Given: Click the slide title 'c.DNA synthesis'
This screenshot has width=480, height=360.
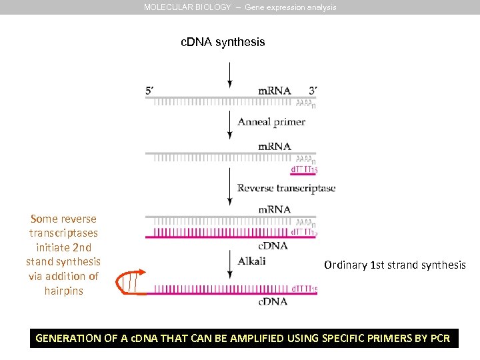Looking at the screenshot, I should click(223, 42).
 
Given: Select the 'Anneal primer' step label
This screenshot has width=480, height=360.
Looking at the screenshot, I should click(271, 122).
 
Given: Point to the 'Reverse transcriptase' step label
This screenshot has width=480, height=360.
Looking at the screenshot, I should click(286, 188).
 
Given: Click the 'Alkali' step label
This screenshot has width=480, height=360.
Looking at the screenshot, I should click(251, 261).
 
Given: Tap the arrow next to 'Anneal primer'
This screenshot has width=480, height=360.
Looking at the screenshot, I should click(229, 125).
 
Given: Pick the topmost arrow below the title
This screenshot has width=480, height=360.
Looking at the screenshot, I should click(229, 75).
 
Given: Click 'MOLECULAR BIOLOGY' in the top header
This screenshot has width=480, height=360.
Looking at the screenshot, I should click(187, 7).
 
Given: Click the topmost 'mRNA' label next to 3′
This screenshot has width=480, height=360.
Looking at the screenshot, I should click(275, 91).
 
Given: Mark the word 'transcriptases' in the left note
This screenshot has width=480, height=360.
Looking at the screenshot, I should click(63, 233).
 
